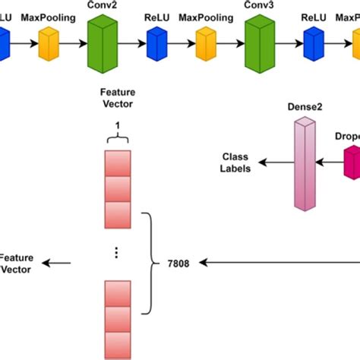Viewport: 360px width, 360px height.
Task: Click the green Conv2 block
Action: pyautogui.click(x=103, y=43)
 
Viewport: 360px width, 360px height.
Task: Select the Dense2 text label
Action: pyautogui.click(x=305, y=108)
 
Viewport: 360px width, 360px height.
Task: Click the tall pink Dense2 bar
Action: pyautogui.click(x=305, y=163)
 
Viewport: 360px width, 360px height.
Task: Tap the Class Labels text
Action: pyautogui.click(x=235, y=161)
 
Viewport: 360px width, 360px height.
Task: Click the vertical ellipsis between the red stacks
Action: pyautogui.click(x=116, y=253)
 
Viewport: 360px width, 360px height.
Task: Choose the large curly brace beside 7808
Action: pyautogui.click(x=153, y=262)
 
